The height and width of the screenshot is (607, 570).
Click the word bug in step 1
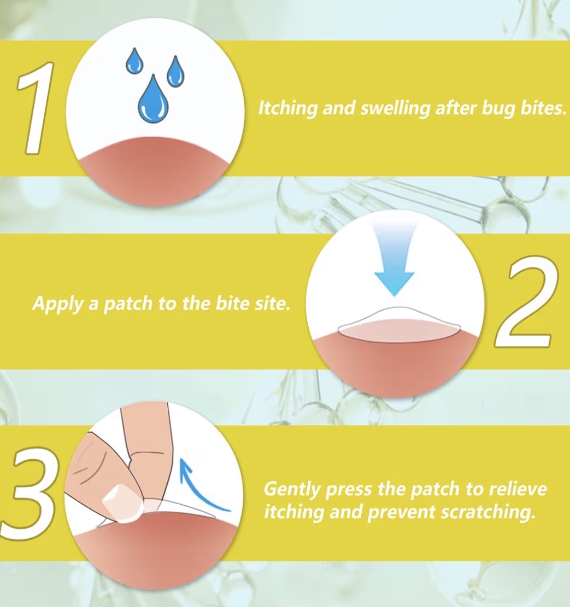486,108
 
